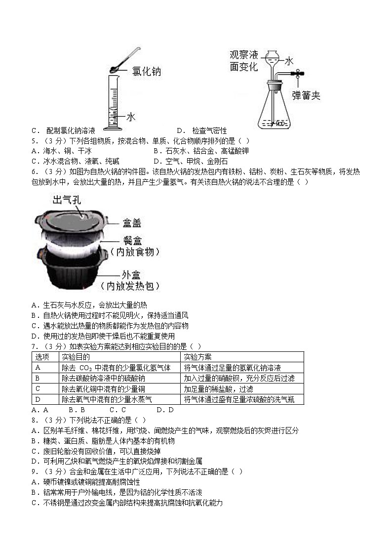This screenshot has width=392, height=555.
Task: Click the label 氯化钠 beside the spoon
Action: [x=146, y=72]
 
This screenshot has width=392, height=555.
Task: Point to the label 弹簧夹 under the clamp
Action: [x=306, y=95]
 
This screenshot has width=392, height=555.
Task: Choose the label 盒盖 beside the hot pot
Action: [x=131, y=223]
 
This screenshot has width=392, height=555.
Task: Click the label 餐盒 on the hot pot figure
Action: [x=132, y=241]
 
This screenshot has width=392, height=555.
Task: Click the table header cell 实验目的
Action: [x=76, y=357]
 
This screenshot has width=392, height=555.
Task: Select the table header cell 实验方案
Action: [x=197, y=357]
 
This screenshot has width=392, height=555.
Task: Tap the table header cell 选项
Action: [x=42, y=357]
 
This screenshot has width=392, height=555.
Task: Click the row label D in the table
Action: [x=38, y=399]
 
